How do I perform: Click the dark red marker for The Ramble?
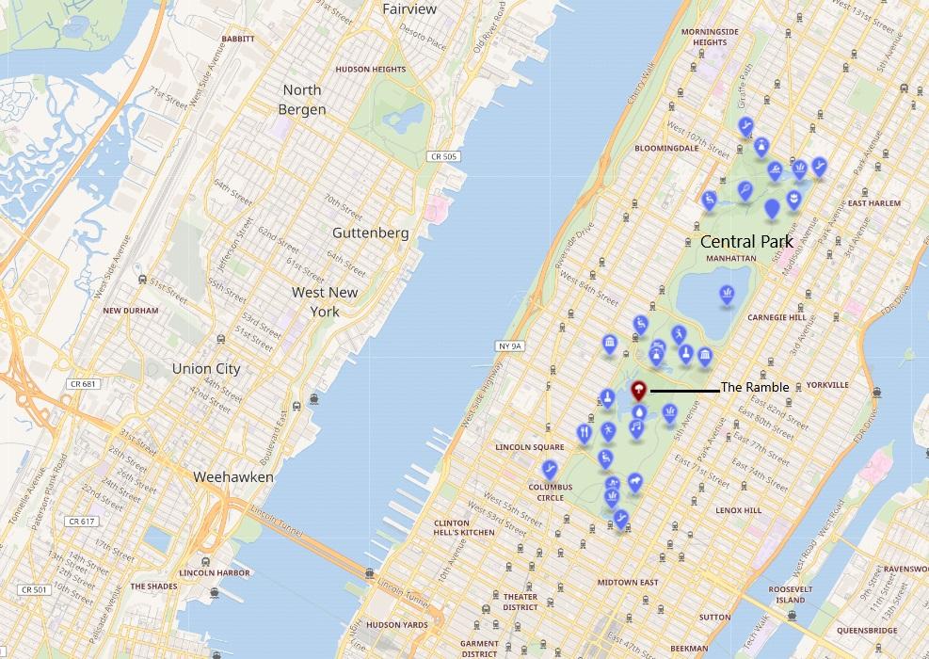(x=639, y=388)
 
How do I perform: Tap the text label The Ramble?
(x=754, y=388)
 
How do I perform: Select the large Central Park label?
(x=746, y=242)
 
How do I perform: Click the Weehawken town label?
(x=232, y=477)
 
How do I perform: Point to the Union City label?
(x=206, y=369)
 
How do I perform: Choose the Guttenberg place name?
(x=371, y=233)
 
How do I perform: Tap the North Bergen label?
(x=302, y=100)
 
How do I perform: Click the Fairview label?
(x=409, y=9)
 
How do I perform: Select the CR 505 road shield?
(x=441, y=156)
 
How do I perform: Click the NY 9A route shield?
(x=509, y=346)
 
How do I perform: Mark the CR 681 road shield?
(x=83, y=384)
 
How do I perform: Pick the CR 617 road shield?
(x=83, y=522)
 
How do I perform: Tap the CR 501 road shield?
(x=33, y=590)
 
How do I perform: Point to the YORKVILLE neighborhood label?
(x=827, y=385)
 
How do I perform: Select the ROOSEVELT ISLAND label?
(x=790, y=594)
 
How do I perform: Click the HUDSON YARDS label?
(x=396, y=625)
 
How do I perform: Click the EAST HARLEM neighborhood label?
(x=873, y=203)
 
